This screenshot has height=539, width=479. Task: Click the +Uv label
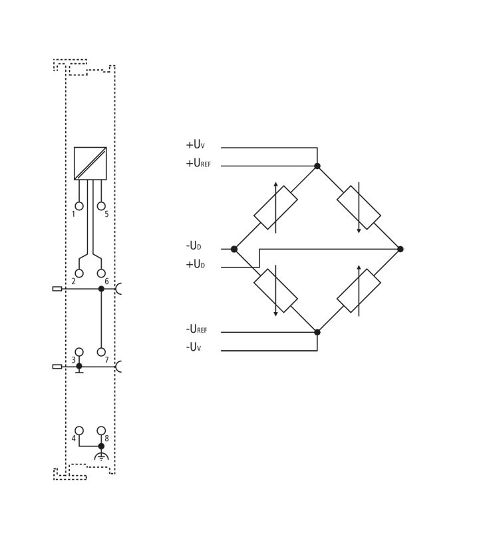(195, 144)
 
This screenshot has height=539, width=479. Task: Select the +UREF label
(198, 163)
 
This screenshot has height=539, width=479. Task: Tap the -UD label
(194, 246)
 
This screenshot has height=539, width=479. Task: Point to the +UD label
(195, 264)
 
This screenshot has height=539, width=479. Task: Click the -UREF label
(196, 329)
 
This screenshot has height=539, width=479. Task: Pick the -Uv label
(194, 347)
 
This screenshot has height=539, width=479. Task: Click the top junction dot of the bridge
(317, 166)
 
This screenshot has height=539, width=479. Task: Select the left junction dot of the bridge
(234, 250)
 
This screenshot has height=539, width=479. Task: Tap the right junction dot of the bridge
(400, 250)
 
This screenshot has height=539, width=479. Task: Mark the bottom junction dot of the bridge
(317, 332)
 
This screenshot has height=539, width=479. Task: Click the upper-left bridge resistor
(275, 208)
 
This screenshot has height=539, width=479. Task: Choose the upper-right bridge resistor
(359, 208)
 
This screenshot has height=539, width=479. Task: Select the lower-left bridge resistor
(275, 291)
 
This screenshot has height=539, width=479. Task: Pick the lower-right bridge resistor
(359, 291)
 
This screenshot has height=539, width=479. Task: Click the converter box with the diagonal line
(90, 163)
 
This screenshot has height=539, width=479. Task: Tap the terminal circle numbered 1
(79, 206)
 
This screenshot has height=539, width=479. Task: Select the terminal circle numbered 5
(101, 206)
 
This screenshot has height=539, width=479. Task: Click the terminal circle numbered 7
(101, 352)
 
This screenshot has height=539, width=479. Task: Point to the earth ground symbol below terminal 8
(101, 457)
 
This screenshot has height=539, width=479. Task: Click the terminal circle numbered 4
(79, 431)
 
